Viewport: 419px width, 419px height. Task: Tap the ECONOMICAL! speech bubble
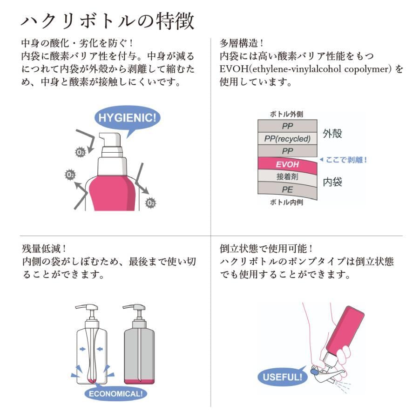[115, 393]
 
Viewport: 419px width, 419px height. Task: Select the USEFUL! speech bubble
[282, 377]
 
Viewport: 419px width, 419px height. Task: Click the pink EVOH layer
[287, 164]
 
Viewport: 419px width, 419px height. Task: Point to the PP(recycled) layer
[287, 139]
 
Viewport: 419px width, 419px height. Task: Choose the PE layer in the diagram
[287, 189]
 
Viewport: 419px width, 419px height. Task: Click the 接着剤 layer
[287, 177]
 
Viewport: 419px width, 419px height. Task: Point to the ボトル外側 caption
[287, 114]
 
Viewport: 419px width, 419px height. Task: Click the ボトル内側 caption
[287, 202]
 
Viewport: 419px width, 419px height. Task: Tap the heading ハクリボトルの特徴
[108, 21]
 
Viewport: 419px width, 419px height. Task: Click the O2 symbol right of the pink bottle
[150, 203]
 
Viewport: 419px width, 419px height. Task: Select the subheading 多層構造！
[242, 43]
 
